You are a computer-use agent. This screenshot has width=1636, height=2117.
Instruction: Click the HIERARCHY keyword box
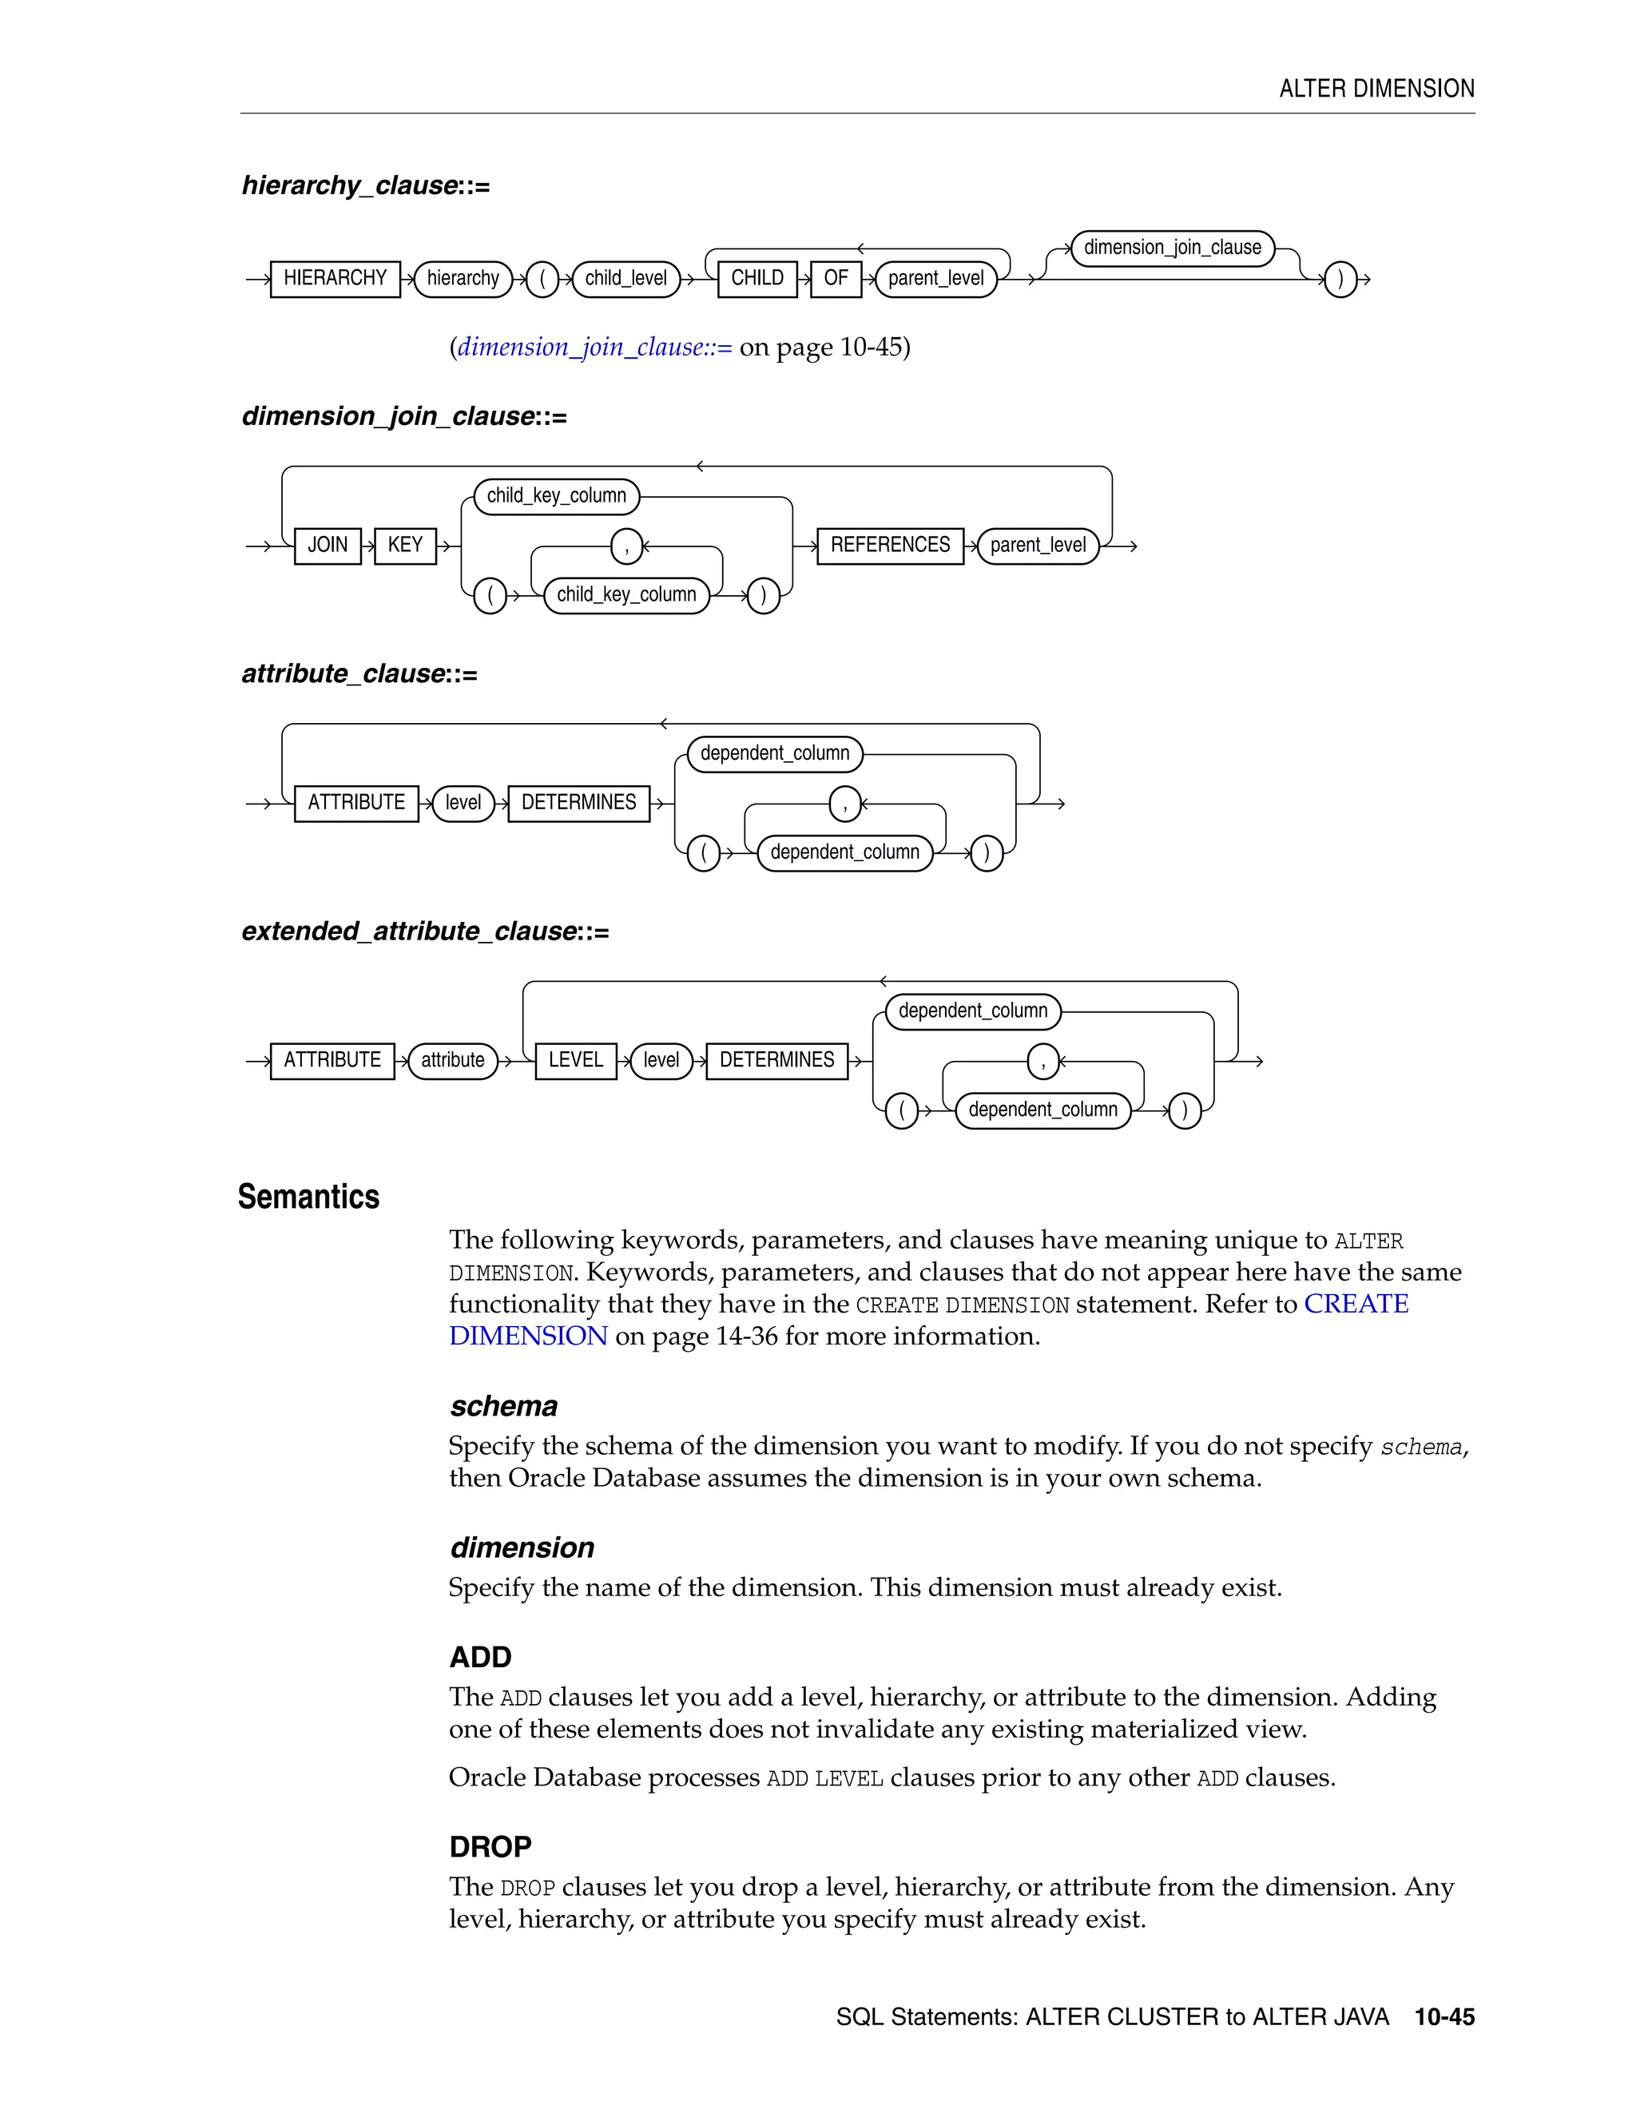pyautogui.click(x=335, y=279)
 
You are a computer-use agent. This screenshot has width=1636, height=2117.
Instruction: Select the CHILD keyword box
pyautogui.click(x=757, y=279)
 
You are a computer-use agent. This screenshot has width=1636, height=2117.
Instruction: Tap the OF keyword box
pyautogui.click(x=836, y=279)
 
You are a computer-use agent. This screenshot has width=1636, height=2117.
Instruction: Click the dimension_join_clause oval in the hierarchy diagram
pyautogui.click(x=1172, y=248)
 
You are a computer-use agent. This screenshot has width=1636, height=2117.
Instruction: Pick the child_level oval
pyautogui.click(x=626, y=279)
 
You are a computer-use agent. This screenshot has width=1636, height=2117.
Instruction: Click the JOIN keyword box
pyautogui.click(x=328, y=546)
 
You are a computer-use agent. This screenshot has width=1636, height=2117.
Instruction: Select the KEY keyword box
pyautogui.click(x=405, y=546)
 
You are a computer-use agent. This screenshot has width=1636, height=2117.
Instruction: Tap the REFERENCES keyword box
pyautogui.click(x=890, y=546)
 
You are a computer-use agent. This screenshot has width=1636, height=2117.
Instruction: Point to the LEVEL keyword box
pyautogui.click(x=576, y=1060)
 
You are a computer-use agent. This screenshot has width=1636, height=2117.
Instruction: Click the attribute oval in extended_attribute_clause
pyautogui.click(x=453, y=1060)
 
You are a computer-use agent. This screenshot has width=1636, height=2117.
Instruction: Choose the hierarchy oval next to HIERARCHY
pyautogui.click(x=463, y=279)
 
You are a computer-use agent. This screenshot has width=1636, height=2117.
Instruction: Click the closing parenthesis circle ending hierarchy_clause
pyautogui.click(x=1340, y=280)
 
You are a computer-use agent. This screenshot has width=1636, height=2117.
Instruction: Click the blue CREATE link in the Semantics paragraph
pyautogui.click(x=1355, y=1305)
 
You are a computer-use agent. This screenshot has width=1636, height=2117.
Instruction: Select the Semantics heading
pyautogui.click(x=308, y=1198)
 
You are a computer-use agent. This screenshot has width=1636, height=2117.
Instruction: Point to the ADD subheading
pyautogui.click(x=480, y=1658)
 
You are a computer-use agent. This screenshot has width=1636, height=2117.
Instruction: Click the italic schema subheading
pyautogui.click(x=503, y=1407)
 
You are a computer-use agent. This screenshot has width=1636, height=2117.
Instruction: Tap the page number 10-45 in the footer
pyautogui.click(x=1444, y=2017)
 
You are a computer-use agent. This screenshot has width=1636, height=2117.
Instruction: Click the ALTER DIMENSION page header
pyautogui.click(x=1376, y=89)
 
